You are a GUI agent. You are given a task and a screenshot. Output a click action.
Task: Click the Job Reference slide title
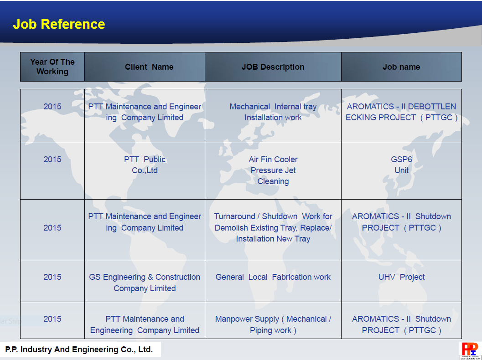(x=59, y=24)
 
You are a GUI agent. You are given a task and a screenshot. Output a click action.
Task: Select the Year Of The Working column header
(x=52, y=67)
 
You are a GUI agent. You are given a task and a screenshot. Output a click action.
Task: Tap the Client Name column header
(x=145, y=67)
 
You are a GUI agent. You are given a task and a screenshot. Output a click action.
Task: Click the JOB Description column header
(x=273, y=67)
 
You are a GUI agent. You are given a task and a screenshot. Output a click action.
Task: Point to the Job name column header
(x=401, y=67)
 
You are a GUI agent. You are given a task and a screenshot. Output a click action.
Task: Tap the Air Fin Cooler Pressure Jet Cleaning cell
(x=273, y=170)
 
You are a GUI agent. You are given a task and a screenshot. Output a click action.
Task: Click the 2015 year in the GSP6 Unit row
(x=52, y=159)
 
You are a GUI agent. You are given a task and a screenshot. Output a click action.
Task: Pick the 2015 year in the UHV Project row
(x=52, y=277)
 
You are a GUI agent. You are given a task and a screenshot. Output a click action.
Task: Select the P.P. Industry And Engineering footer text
(x=79, y=350)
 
